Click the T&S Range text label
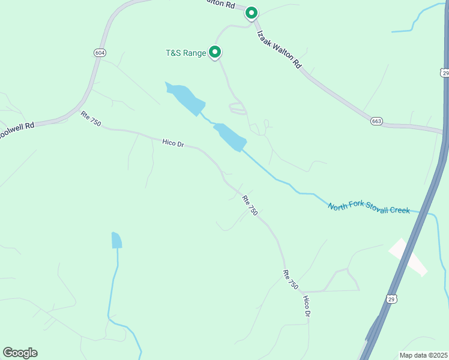(185, 53)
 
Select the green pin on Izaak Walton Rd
(252, 13)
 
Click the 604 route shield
(100, 53)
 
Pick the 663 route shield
(376, 121)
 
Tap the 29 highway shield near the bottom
(391, 298)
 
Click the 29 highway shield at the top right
(444, 72)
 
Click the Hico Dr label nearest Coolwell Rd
(173, 143)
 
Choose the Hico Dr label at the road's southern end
(307, 306)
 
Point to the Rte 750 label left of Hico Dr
(91, 119)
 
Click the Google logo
(20, 352)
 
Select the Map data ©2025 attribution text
(423, 355)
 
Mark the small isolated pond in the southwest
(116, 241)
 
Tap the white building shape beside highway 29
(408, 257)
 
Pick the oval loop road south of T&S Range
(238, 108)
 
